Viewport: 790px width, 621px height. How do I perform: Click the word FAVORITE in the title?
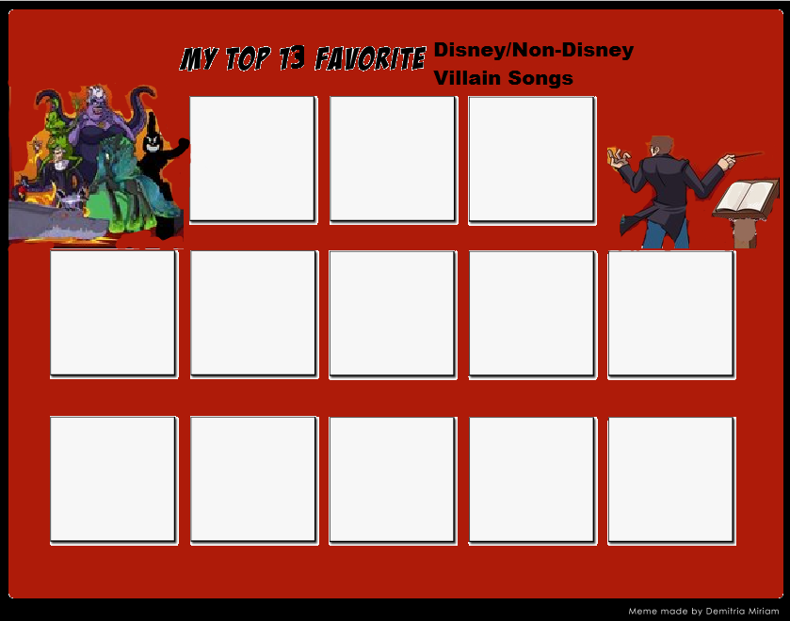(x=370, y=59)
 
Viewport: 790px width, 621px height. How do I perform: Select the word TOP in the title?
(x=248, y=59)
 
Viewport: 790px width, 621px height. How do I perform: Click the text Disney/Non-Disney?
(x=533, y=50)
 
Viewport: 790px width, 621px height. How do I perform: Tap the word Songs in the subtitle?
(x=541, y=78)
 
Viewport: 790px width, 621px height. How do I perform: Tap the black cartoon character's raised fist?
(x=182, y=145)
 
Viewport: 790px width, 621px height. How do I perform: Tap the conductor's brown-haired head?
(x=662, y=147)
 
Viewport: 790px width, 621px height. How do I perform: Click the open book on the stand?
(x=744, y=197)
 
